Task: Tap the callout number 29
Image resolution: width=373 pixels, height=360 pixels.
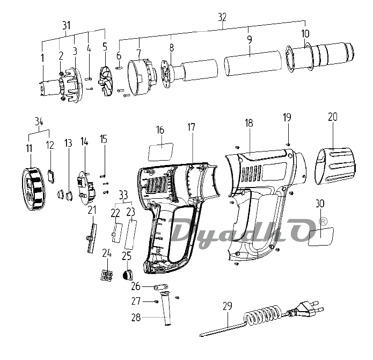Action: click(x=228, y=306)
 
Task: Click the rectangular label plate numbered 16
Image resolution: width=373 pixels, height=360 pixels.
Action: click(x=160, y=150)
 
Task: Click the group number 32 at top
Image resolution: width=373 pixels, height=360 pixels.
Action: click(x=222, y=17)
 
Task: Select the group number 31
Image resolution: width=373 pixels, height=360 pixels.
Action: click(x=66, y=25)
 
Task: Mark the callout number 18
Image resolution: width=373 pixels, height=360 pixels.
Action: click(x=248, y=123)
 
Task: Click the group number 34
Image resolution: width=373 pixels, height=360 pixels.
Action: click(x=38, y=121)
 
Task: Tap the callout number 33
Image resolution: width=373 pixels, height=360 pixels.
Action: click(x=123, y=194)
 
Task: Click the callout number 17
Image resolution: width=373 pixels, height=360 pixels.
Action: click(x=192, y=127)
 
